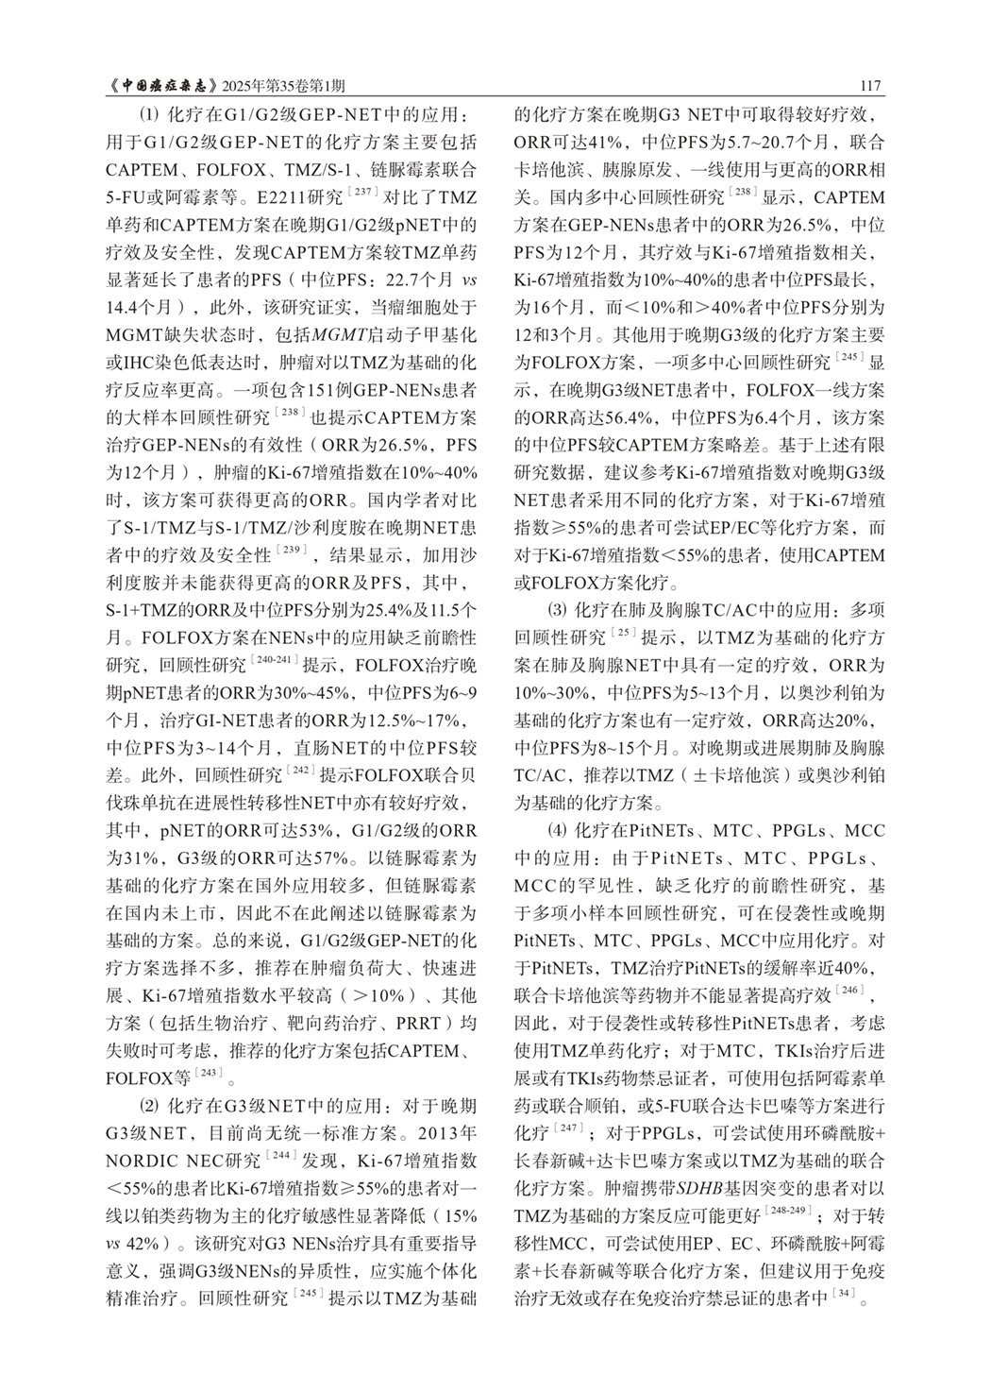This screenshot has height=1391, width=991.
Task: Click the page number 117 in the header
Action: coord(870,87)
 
